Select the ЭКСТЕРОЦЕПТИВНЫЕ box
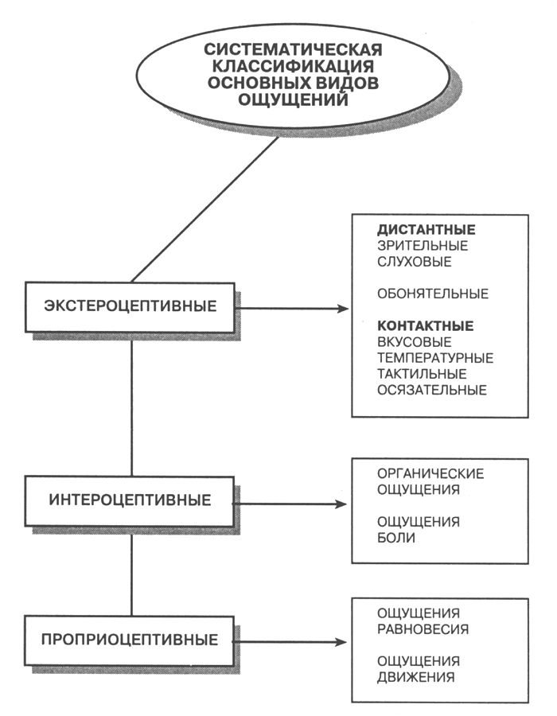pos(130,306)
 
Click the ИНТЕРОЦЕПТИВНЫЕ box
pos(130,501)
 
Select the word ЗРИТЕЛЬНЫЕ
pos(423,246)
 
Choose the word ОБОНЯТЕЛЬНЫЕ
pos(433,294)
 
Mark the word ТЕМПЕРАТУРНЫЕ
pos(435,358)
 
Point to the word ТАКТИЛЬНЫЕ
pos(422,374)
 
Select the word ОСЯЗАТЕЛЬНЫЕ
pos(432,390)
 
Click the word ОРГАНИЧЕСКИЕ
pos(430,474)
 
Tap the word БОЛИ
pos(397,539)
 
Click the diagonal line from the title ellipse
pos(204,209)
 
